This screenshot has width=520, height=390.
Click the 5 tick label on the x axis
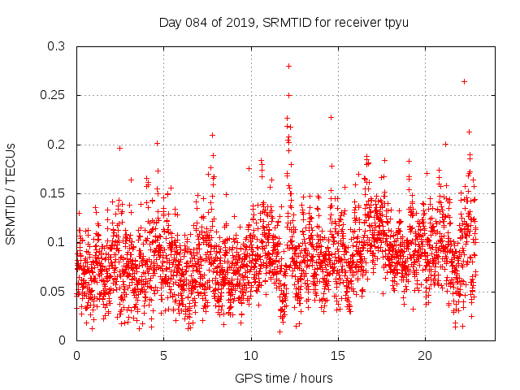(163, 356)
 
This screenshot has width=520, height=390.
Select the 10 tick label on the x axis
(251, 356)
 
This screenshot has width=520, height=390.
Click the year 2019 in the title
(237, 21)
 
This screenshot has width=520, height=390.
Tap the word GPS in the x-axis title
(247, 378)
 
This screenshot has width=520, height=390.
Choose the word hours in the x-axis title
(317, 378)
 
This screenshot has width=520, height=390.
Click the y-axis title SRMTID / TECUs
(11, 193)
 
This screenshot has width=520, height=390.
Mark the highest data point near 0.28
(288, 66)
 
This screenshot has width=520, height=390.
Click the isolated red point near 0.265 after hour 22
(464, 81)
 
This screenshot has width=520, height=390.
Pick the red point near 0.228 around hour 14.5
(331, 117)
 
